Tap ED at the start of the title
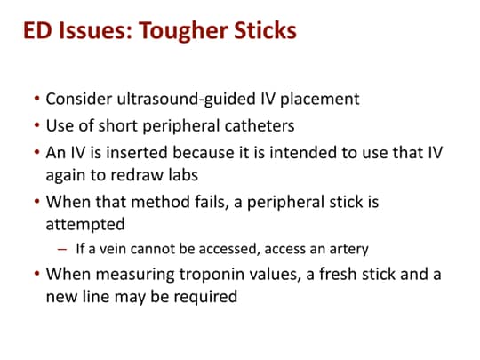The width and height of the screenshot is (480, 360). coord(40,33)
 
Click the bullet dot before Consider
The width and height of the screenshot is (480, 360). coord(36,99)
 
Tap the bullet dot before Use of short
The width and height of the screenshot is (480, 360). coord(36,122)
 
